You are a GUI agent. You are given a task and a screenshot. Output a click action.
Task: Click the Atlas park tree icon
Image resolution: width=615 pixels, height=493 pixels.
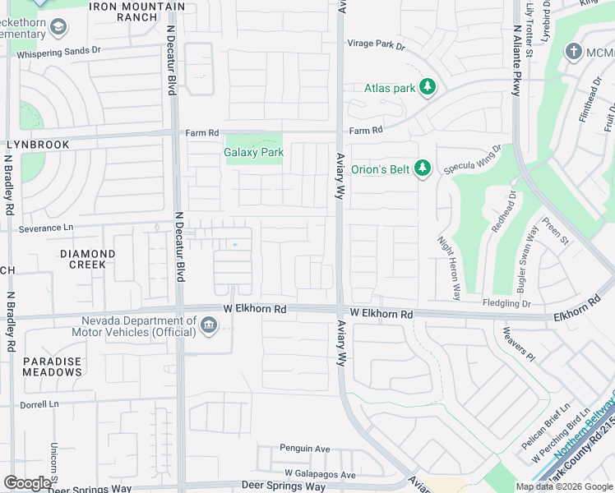coord(427,86)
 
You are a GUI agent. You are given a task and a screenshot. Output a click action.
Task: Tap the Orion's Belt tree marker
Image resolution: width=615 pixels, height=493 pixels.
coord(423,168)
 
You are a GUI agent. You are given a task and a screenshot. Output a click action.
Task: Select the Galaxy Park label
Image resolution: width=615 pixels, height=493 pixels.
coord(253,152)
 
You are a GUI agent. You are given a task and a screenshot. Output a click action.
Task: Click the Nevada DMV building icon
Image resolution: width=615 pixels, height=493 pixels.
coord(210,327)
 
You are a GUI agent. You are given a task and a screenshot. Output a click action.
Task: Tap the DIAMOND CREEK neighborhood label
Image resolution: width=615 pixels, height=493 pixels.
coord(87,259)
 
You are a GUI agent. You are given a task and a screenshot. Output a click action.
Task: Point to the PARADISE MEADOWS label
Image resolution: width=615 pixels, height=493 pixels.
coord(52,366)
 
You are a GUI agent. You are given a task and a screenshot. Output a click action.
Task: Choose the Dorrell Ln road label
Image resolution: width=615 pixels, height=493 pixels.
coord(40,404)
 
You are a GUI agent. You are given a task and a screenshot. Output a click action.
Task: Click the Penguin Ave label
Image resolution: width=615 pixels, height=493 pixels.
coord(304,449)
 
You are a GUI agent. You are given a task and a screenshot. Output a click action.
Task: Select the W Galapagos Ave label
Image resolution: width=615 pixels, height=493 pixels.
coord(320,474)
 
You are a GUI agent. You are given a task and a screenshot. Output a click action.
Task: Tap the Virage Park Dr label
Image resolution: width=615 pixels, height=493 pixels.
coord(377,46)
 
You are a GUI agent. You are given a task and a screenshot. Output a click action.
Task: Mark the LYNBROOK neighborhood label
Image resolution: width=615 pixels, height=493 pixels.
coord(39,145)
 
